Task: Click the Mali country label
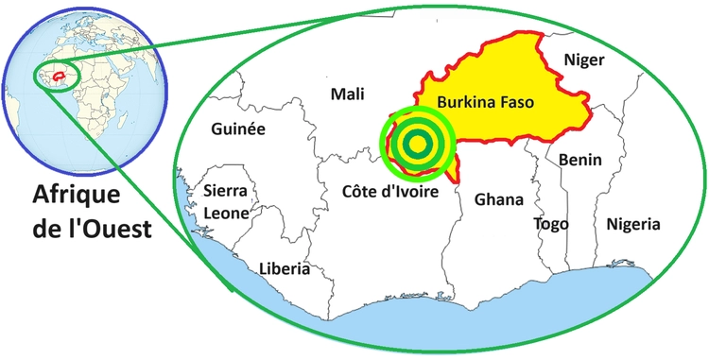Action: pyautogui.click(x=347, y=94)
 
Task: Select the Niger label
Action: pyautogui.click(x=583, y=60)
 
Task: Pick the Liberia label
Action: pyautogui.click(x=285, y=269)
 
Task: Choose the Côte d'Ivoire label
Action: pyautogui.click(x=389, y=193)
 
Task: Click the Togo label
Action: pyautogui.click(x=551, y=224)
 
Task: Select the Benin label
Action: pyautogui.click(x=579, y=161)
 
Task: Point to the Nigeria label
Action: pyautogui.click(x=632, y=225)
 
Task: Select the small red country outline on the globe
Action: pyautogui.click(x=60, y=73)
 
